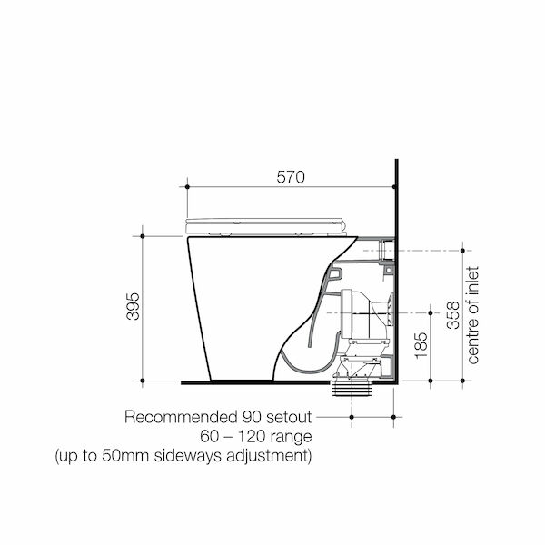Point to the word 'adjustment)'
point(268,455)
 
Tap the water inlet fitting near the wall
point(385,248)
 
